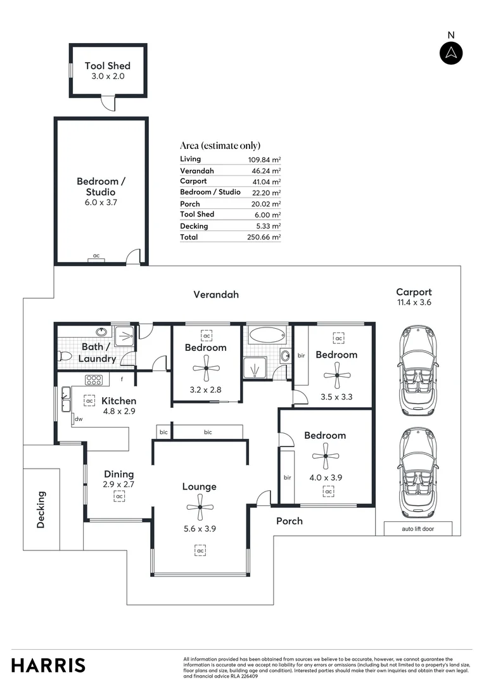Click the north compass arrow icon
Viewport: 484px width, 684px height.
[x=451, y=53]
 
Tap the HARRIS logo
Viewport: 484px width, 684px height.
[x=48, y=665]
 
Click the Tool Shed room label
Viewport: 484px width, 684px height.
[x=108, y=66]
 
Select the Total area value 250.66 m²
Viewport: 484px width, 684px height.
[x=264, y=237]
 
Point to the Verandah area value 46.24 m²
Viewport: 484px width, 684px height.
[x=264, y=171]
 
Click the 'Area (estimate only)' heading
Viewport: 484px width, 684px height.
[x=220, y=146]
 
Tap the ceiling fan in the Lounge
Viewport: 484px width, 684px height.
[x=200, y=506]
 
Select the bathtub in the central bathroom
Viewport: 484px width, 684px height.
[x=267, y=335]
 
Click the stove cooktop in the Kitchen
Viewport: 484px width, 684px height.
[x=94, y=381]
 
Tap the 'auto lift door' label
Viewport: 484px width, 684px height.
[x=418, y=529]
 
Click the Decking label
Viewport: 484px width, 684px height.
[x=42, y=509]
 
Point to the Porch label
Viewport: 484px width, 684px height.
[x=289, y=521]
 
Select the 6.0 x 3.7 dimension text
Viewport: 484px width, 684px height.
[x=101, y=203]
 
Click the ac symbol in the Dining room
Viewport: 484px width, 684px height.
[x=119, y=497]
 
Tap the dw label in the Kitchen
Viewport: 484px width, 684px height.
[x=79, y=419]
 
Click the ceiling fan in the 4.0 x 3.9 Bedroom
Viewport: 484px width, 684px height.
[x=325, y=456]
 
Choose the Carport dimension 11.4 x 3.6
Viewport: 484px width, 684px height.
[x=414, y=303]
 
